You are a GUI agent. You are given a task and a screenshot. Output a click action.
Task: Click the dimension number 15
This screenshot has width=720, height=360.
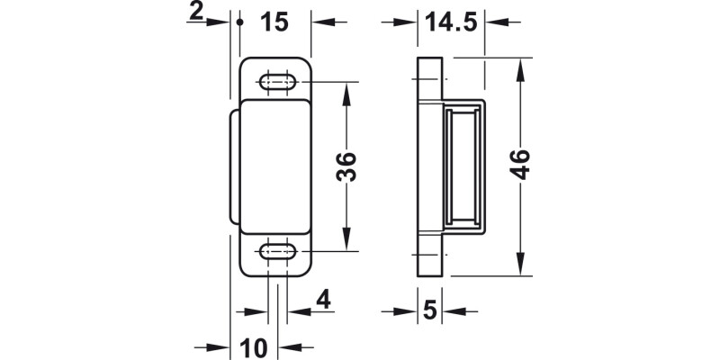276,22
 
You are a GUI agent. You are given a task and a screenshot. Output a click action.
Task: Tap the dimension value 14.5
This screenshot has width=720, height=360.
452,22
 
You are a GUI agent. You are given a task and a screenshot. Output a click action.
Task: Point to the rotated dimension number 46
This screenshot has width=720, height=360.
521,166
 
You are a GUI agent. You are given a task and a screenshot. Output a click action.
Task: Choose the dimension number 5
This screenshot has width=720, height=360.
429,311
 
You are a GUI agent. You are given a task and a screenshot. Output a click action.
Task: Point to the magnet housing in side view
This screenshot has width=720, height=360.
465,166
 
